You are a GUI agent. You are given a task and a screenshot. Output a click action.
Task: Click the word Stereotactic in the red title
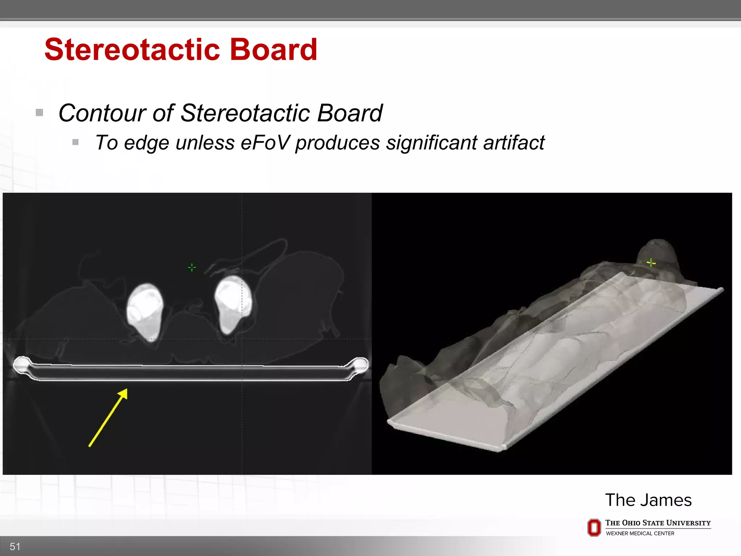coord(132,50)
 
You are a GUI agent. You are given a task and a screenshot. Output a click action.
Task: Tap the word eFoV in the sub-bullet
coord(265,142)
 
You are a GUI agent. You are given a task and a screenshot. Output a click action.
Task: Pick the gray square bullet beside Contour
coord(39,113)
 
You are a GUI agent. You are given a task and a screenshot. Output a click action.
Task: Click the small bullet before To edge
coord(75,142)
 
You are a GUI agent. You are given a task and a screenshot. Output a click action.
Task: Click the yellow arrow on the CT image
coord(108,417)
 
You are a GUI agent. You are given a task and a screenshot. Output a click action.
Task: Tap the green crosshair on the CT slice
coord(192,268)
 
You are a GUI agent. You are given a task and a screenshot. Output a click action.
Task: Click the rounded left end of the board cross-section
coord(21,365)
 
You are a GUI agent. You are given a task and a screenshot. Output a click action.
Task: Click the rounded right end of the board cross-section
coord(360,365)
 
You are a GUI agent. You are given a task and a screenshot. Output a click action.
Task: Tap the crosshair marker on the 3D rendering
coord(651,262)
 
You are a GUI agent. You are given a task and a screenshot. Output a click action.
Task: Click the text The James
coord(648,500)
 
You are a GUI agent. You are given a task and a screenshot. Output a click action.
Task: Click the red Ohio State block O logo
coord(594,527)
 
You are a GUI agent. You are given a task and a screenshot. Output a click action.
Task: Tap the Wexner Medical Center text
coord(640,533)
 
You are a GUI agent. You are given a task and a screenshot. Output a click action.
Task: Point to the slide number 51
coord(15,546)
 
